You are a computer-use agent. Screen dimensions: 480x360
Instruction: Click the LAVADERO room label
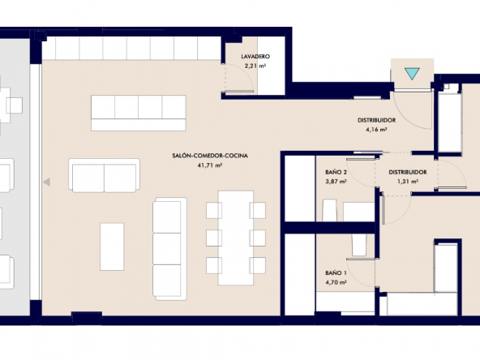tap(255, 56)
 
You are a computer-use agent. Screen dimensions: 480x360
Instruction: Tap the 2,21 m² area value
tap(255, 66)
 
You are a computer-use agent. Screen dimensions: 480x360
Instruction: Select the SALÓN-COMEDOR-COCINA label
tap(210, 156)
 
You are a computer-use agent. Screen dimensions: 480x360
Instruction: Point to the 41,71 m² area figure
tap(210, 165)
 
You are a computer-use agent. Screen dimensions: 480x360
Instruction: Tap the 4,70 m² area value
tap(336, 282)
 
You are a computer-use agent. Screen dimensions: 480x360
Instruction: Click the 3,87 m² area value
tap(336, 182)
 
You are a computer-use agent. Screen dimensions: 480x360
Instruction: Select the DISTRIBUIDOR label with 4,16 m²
tap(376, 120)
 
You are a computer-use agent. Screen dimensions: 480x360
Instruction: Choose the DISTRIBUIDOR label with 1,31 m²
tap(408, 173)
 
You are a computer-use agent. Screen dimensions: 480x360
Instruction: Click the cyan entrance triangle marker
tap(412, 74)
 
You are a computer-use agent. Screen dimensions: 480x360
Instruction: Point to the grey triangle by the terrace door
tap(46, 182)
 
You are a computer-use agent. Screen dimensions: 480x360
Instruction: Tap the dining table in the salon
tap(236, 238)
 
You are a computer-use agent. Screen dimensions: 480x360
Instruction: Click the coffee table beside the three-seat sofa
tap(112, 246)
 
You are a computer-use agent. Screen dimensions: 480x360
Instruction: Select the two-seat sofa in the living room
tap(104, 175)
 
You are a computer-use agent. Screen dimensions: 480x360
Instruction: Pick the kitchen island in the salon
tap(139, 113)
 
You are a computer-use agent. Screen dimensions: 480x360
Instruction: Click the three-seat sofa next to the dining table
tap(170, 249)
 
